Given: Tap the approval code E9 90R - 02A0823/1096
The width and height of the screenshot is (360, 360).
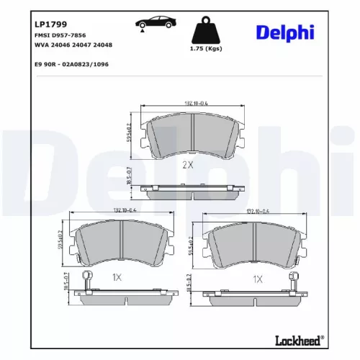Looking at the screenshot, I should pos(71,63).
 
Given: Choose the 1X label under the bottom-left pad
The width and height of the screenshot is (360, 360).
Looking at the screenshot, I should pos(117,277).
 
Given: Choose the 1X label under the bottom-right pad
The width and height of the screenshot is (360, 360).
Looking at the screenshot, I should pos(257,277).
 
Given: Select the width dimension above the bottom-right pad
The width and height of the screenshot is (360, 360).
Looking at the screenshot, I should pos(257,211).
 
